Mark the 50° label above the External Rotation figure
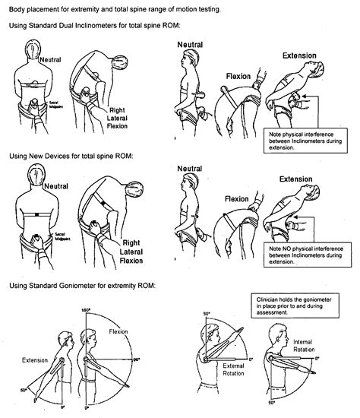[206, 314]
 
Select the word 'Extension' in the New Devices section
[295, 180]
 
